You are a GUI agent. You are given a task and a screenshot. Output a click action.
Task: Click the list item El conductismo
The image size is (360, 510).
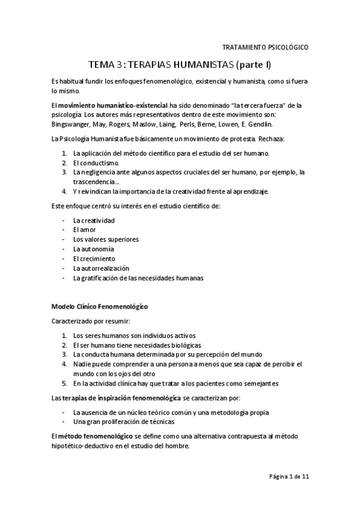point(96,162)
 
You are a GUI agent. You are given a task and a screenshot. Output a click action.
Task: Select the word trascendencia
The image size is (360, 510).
point(96,182)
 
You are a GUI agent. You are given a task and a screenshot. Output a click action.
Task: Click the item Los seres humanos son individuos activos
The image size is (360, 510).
point(134,336)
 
